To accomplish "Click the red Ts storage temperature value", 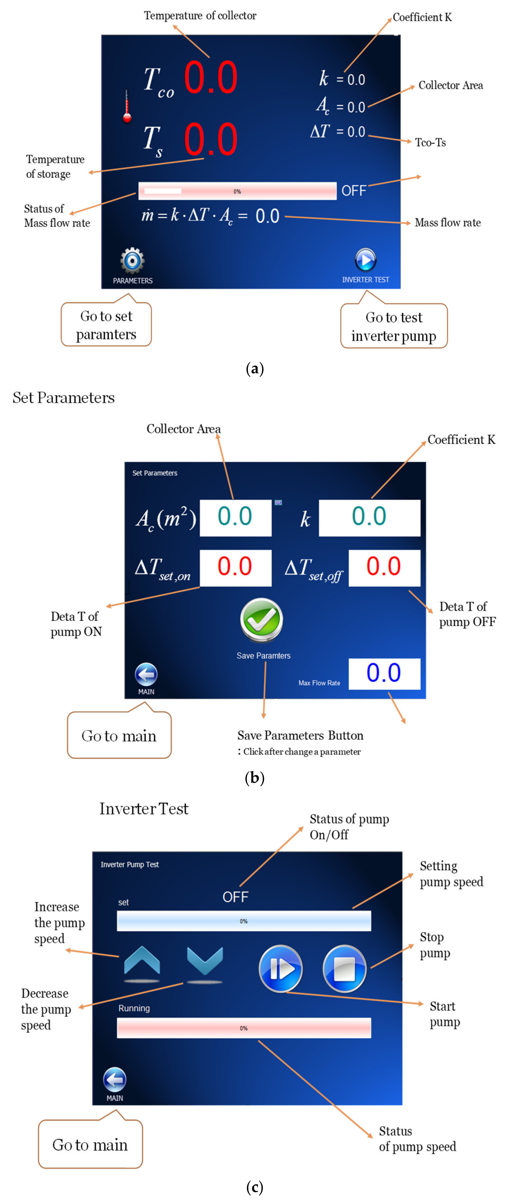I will (x=211, y=139).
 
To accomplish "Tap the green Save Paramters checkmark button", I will (x=262, y=620).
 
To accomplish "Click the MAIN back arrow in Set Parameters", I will (x=146, y=675).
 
